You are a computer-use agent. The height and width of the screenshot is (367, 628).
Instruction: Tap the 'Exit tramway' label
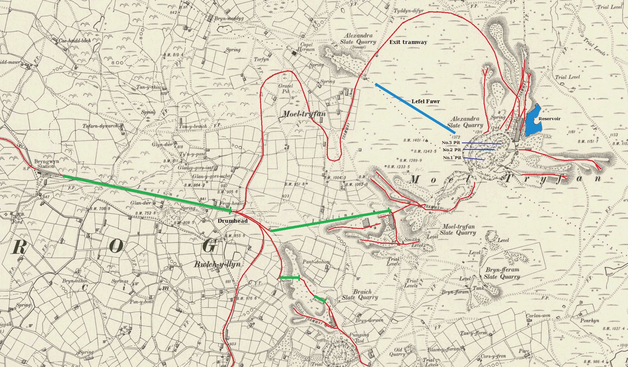[x=408, y=42]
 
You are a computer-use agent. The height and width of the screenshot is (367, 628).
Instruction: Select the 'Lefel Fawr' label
[x=425, y=101]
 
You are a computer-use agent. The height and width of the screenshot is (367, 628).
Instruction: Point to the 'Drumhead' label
[x=232, y=221]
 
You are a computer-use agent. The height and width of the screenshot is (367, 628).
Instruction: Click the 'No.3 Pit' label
[x=451, y=143]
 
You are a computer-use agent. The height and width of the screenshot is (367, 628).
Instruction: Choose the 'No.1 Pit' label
[x=452, y=157]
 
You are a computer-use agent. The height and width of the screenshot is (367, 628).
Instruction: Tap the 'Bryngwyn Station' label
[x=46, y=164]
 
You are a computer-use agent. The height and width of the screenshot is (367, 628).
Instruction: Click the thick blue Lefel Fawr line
[x=414, y=109]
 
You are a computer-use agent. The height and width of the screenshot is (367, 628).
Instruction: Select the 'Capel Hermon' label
[x=306, y=47]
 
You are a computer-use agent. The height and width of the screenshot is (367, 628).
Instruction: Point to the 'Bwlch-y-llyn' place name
[x=217, y=264]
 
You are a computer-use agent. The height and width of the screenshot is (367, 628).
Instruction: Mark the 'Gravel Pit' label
[x=285, y=88]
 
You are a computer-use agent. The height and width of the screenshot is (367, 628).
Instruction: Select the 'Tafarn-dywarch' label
[x=100, y=126]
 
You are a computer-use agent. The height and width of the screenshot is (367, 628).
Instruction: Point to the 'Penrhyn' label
[x=589, y=321]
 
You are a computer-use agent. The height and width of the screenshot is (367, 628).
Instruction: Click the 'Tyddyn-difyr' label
[x=409, y=11]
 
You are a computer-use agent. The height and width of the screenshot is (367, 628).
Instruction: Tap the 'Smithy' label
[x=412, y=239]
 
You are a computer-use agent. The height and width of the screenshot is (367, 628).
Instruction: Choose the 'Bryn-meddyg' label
[x=229, y=19]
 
